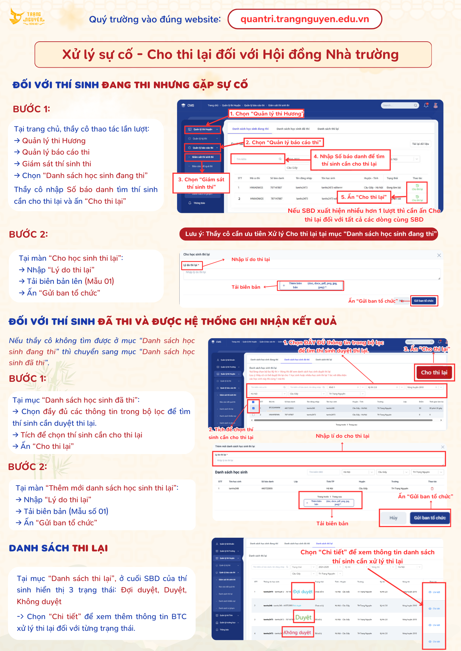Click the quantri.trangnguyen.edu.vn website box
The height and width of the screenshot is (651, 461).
[305, 19]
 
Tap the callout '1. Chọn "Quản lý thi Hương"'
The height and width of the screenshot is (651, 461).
[266, 114]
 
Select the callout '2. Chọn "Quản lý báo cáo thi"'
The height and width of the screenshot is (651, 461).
[283, 142]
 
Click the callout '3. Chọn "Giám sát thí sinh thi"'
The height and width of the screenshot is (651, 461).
[201, 183]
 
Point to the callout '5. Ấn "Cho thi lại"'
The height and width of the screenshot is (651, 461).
[364, 197]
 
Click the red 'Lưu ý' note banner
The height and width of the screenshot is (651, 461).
[308, 234]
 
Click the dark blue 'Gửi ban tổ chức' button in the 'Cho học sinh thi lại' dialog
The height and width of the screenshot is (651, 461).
[424, 301]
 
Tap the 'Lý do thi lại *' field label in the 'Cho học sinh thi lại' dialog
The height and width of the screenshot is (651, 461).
[191, 265]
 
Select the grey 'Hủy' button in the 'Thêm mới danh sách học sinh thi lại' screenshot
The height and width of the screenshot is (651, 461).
[393, 518]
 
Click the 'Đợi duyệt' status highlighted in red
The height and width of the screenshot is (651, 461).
[303, 591]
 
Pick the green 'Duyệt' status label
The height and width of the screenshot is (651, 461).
[303, 617]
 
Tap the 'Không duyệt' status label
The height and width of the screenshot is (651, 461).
[297, 632]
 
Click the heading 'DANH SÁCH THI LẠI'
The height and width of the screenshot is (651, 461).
[58, 548]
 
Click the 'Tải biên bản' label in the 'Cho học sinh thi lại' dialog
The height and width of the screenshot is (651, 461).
[246, 287]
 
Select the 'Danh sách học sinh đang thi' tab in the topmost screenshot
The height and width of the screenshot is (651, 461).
[250, 129]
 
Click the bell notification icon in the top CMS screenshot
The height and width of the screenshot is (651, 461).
[426, 105]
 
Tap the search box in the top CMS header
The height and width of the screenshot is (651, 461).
[399, 105]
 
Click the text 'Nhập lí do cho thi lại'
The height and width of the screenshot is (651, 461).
[342, 436]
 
